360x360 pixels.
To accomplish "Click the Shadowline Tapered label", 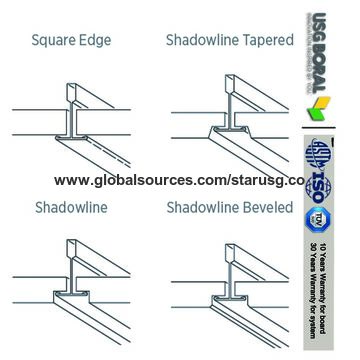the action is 229,41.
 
